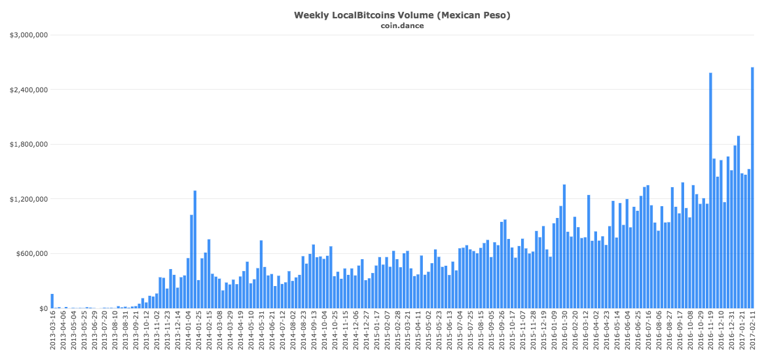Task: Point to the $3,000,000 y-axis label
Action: (28, 35)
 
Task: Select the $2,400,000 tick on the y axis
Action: (28, 90)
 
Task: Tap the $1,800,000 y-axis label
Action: (28, 145)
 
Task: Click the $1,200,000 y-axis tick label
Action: (28, 199)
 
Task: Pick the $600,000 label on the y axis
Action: (31, 254)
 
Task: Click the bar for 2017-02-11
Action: (752, 188)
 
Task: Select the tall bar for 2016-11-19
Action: (710, 190)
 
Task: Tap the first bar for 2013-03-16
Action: (52, 301)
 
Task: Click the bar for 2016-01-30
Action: (564, 246)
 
